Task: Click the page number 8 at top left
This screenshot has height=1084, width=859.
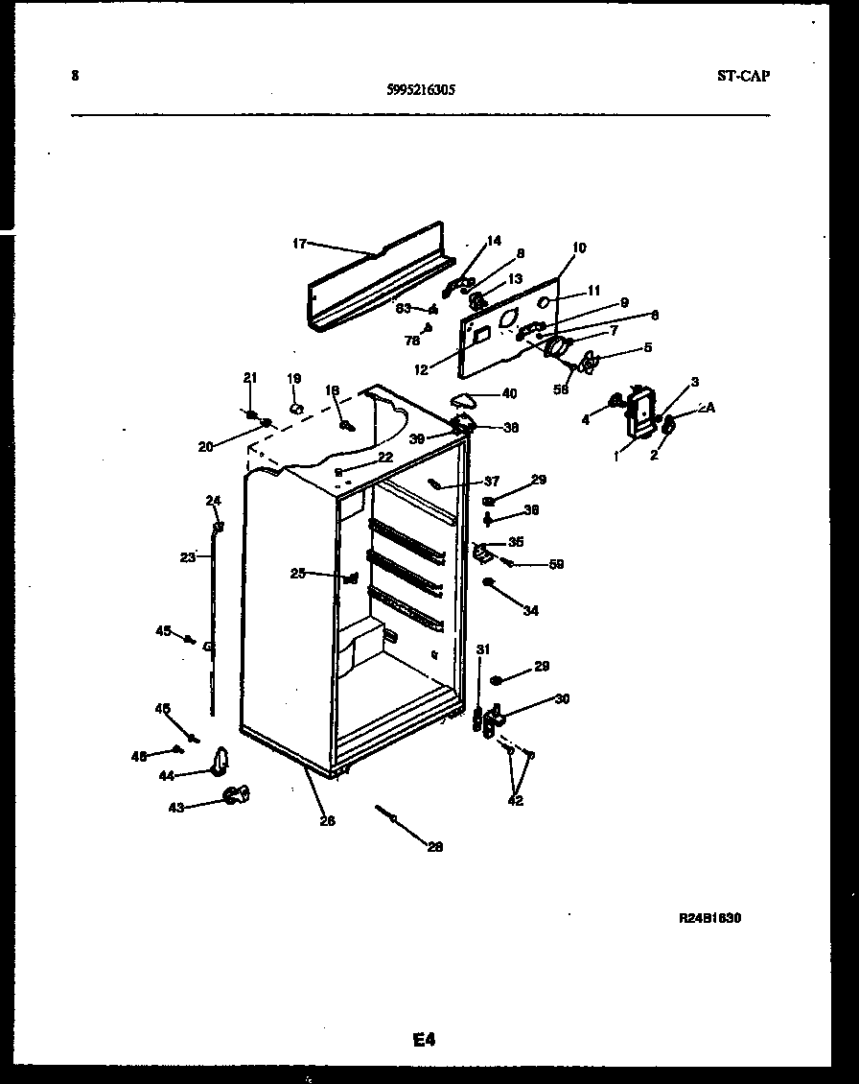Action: pyautogui.click(x=75, y=76)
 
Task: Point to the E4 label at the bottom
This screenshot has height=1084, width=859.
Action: pyautogui.click(x=424, y=1038)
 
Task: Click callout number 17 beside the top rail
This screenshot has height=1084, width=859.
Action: pyautogui.click(x=299, y=244)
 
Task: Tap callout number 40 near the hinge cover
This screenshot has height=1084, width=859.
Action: pyautogui.click(x=508, y=392)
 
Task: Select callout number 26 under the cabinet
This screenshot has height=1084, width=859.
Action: pyautogui.click(x=327, y=821)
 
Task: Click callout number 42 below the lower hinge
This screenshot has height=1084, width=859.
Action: pyautogui.click(x=516, y=801)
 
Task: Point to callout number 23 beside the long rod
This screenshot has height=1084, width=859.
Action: pyautogui.click(x=188, y=555)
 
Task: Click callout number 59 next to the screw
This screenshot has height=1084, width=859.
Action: pyautogui.click(x=556, y=564)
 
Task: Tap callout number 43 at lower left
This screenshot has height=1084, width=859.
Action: pyautogui.click(x=176, y=808)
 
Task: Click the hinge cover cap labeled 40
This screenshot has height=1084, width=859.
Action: pyautogui.click(x=465, y=399)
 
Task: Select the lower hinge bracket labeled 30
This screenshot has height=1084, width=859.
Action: pyautogui.click(x=497, y=719)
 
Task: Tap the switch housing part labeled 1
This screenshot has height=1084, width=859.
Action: pyautogui.click(x=637, y=413)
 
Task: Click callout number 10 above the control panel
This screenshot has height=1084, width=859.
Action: pyautogui.click(x=578, y=247)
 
